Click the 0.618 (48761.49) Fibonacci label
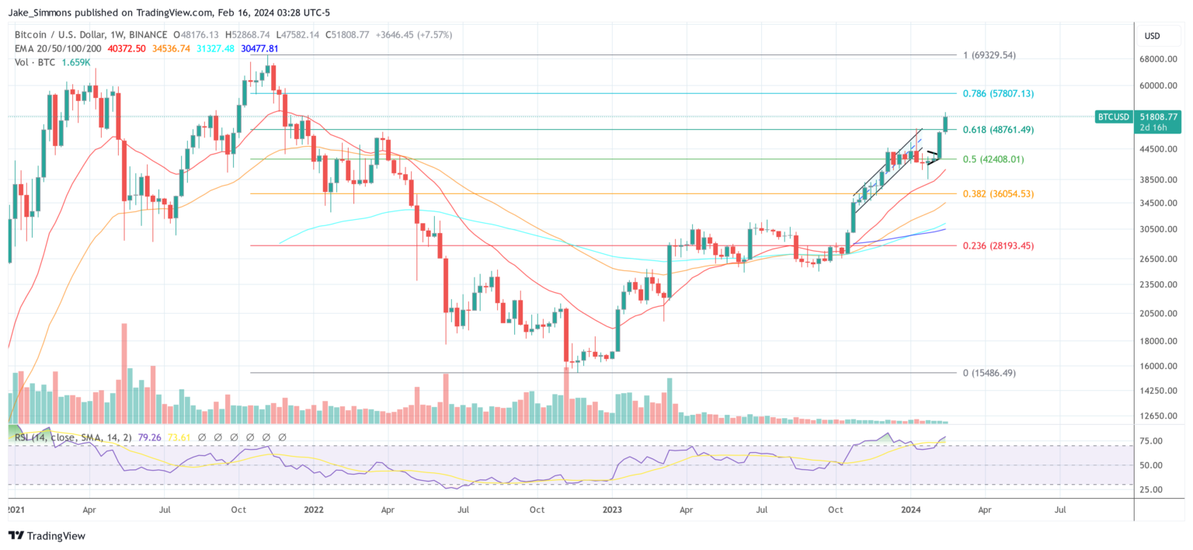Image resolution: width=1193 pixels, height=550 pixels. (x=998, y=130)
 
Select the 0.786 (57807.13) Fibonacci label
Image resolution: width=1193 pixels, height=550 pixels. (x=998, y=93)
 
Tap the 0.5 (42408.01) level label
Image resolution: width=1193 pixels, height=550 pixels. (x=993, y=159)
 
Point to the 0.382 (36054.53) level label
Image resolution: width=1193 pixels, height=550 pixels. (x=998, y=193)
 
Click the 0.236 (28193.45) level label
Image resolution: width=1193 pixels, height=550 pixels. (x=998, y=245)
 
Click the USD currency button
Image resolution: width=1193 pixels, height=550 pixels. (x=1152, y=36)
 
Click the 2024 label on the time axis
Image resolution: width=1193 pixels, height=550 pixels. (x=910, y=510)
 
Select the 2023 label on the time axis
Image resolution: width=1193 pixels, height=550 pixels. (x=612, y=510)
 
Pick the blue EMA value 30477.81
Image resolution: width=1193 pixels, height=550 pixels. (x=259, y=48)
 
